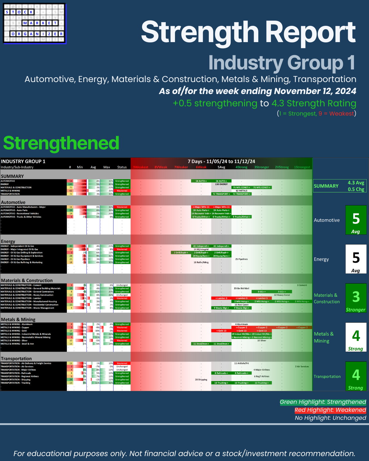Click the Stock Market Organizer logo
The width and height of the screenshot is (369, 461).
[x=34, y=24]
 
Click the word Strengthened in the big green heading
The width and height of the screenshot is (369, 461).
[x=61, y=143]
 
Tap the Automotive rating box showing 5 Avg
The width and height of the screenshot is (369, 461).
[x=356, y=220]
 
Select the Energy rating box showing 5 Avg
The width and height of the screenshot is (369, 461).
[x=356, y=259]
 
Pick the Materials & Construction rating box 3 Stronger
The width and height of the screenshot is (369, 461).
[x=356, y=298]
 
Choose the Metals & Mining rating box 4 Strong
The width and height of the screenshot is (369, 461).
[x=356, y=337]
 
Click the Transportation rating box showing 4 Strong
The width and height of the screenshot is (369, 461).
[x=356, y=376]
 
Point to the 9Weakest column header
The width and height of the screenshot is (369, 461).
[x=141, y=167]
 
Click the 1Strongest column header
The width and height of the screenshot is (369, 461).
[x=302, y=167]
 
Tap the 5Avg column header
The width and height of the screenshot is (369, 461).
[x=221, y=167]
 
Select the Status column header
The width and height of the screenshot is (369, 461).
[x=122, y=167]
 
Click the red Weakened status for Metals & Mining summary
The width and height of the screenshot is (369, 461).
[x=122, y=191]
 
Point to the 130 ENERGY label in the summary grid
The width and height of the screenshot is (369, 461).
[x=221, y=184]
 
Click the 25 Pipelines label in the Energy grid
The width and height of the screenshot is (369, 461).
[x=241, y=259]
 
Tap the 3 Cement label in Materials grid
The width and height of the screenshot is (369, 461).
[x=302, y=285]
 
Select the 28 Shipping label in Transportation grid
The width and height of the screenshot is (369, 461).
[x=201, y=380]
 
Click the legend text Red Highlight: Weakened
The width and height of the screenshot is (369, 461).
[x=330, y=410]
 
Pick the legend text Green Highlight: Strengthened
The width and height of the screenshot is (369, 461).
[x=323, y=402]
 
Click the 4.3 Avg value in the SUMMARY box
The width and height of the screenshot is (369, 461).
[x=356, y=183]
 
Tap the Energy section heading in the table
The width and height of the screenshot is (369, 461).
[x=8, y=242]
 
